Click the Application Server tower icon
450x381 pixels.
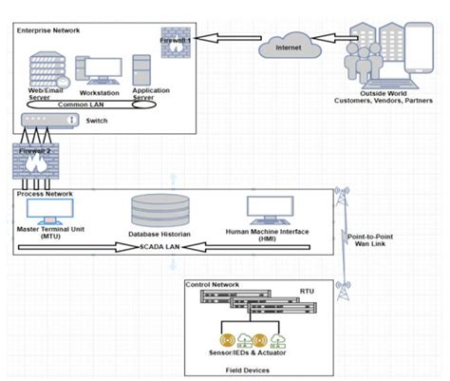click(142, 67)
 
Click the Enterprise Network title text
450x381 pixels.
click(48, 31)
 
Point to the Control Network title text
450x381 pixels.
click(213, 285)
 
